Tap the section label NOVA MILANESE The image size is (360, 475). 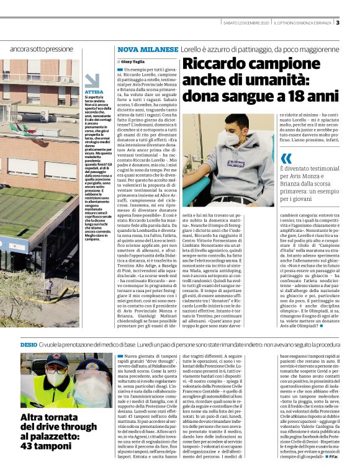[x=147, y=49]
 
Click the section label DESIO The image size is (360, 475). [x=28, y=344]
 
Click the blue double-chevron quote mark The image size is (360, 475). [x=286, y=159]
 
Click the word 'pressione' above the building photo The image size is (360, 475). [x=58, y=48]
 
